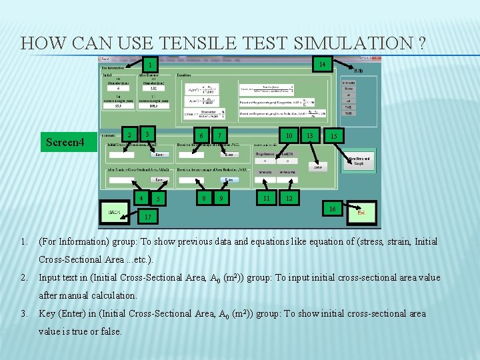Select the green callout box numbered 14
[322, 65]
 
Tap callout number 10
[289, 136]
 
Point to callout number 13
[309, 136]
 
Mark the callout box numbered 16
[332, 209]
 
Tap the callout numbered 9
[221, 198]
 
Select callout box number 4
[141, 198]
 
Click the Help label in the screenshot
[358, 71]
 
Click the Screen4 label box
[65, 141]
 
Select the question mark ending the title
[422, 44]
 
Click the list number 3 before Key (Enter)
[23, 313]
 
